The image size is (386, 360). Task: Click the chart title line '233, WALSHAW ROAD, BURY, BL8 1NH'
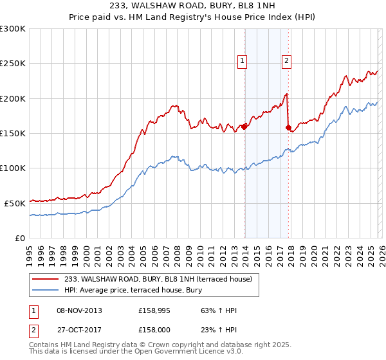[193, 6]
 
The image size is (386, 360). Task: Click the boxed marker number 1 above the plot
[243, 62]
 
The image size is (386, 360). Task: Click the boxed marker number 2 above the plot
[286, 62]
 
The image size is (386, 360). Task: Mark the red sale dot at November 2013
[244, 127]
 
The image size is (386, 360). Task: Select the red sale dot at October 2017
[288, 127]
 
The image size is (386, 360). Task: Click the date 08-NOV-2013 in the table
[79, 310]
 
